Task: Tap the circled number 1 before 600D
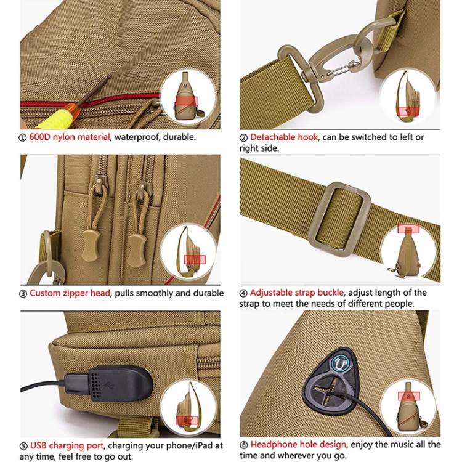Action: (23, 137)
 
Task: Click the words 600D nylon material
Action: (69, 137)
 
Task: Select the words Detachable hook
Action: (284, 137)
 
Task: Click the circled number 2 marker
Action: (243, 137)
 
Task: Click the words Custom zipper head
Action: (70, 293)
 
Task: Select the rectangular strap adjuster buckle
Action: (340, 219)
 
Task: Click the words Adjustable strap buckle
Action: (297, 293)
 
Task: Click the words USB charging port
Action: (67, 445)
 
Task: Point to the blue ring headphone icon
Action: (342, 363)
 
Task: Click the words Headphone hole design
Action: (298, 444)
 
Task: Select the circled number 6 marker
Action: (244, 445)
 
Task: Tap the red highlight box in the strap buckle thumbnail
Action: (408, 229)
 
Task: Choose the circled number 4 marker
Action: (243, 293)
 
